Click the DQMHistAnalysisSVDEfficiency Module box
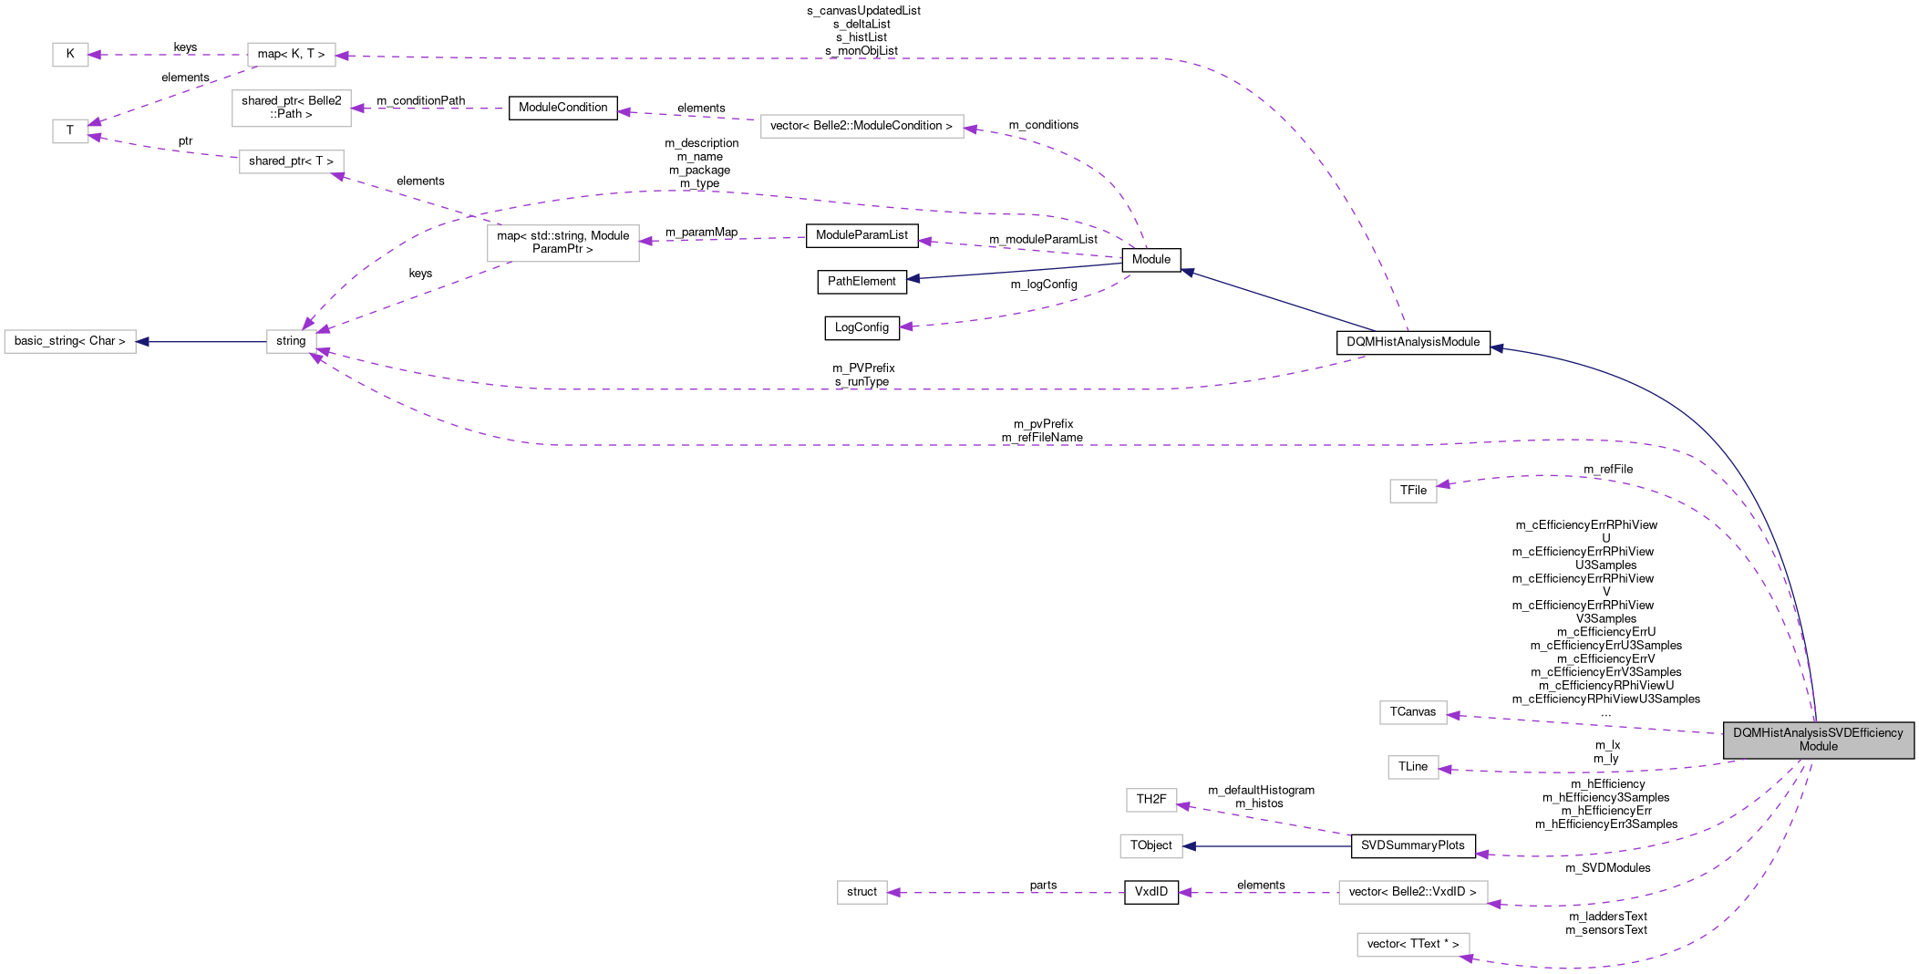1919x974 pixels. point(1818,740)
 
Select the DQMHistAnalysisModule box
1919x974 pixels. point(1413,342)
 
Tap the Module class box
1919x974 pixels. point(1151,260)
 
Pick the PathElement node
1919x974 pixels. point(861,282)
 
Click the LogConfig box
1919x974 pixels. point(861,327)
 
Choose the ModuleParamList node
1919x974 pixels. point(861,235)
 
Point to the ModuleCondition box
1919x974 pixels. point(562,108)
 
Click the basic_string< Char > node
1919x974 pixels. point(70,341)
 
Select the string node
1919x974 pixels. point(291,341)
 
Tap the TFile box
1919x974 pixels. point(1413,491)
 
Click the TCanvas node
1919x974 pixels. point(1413,712)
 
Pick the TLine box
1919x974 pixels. point(1413,767)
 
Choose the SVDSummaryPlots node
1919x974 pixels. point(1413,845)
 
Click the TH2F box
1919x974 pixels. point(1151,800)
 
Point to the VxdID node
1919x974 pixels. point(1151,892)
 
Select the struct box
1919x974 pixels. point(861,892)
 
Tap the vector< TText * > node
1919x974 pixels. point(1413,945)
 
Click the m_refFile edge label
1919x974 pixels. point(1608,470)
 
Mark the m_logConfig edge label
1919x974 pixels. point(1044,285)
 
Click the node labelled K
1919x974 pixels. point(70,55)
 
